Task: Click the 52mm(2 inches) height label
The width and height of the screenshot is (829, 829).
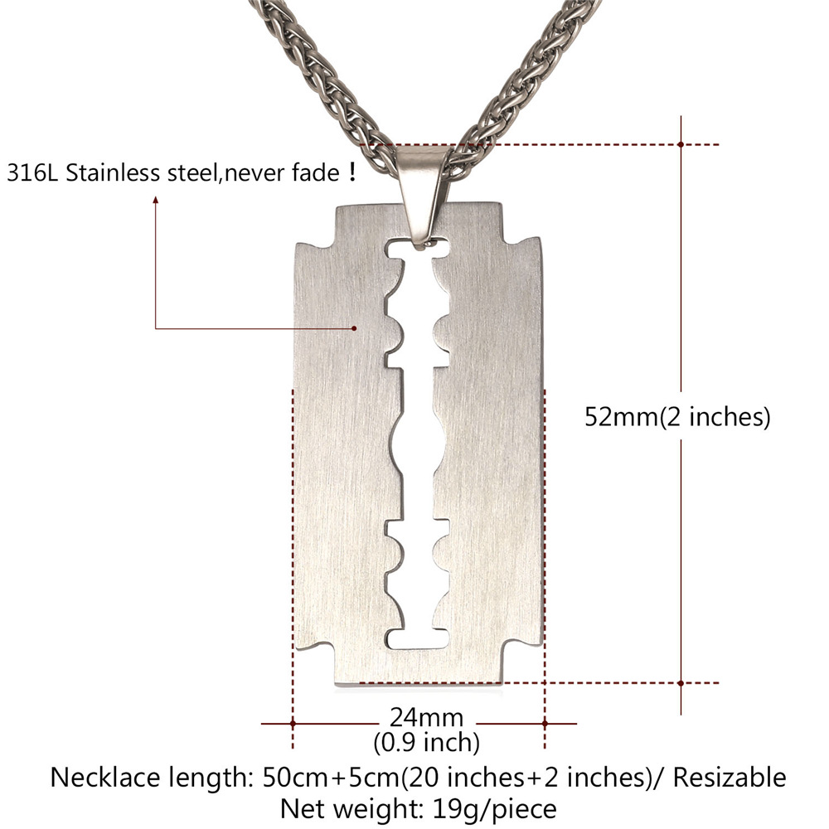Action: point(678,416)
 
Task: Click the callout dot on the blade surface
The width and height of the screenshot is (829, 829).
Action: point(355,328)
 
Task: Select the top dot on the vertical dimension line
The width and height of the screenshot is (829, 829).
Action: point(680,144)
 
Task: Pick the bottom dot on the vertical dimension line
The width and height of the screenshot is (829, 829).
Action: point(680,683)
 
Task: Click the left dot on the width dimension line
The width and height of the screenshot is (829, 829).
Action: point(293,724)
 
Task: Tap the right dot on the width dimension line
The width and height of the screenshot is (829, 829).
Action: point(545,724)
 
